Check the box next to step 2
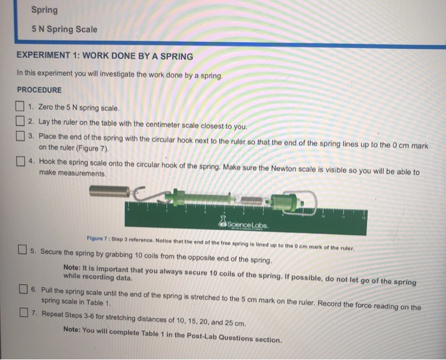[x=22, y=121]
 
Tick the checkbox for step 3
[x=22, y=136]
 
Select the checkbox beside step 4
[x=22, y=161]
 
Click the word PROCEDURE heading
[x=40, y=90]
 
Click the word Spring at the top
[x=45, y=10]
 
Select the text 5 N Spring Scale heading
[x=64, y=29]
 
